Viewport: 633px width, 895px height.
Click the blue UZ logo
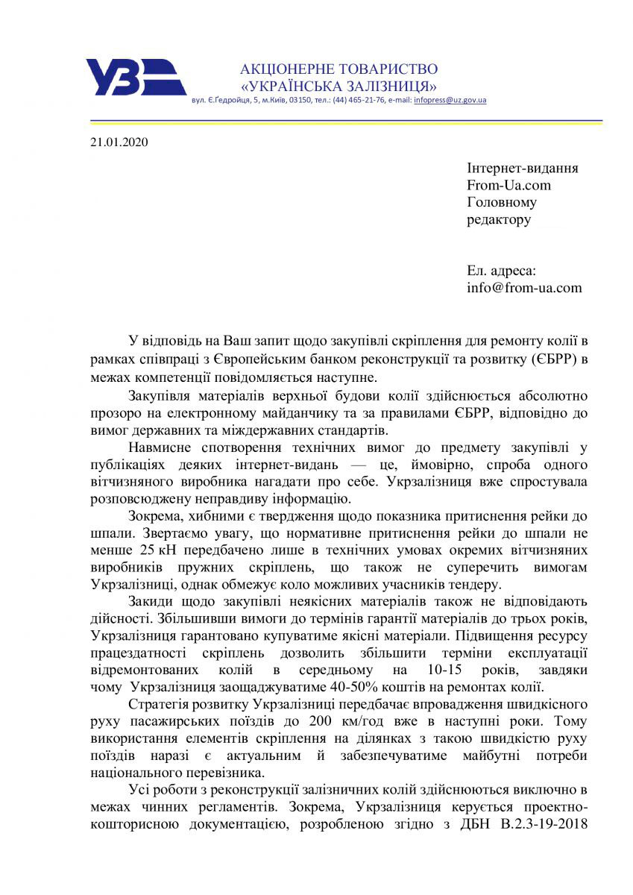pyautogui.click(x=135, y=77)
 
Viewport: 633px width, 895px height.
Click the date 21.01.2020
pyautogui.click(x=119, y=142)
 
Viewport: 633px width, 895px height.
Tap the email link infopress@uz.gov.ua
pyautogui.click(x=450, y=100)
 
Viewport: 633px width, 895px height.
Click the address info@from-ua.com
pyautogui.click(x=524, y=287)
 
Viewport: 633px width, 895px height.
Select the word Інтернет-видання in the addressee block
pyautogui.click(x=522, y=168)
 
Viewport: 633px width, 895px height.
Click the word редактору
pyautogui.click(x=499, y=219)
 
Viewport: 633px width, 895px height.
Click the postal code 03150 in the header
pyautogui.click(x=299, y=100)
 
